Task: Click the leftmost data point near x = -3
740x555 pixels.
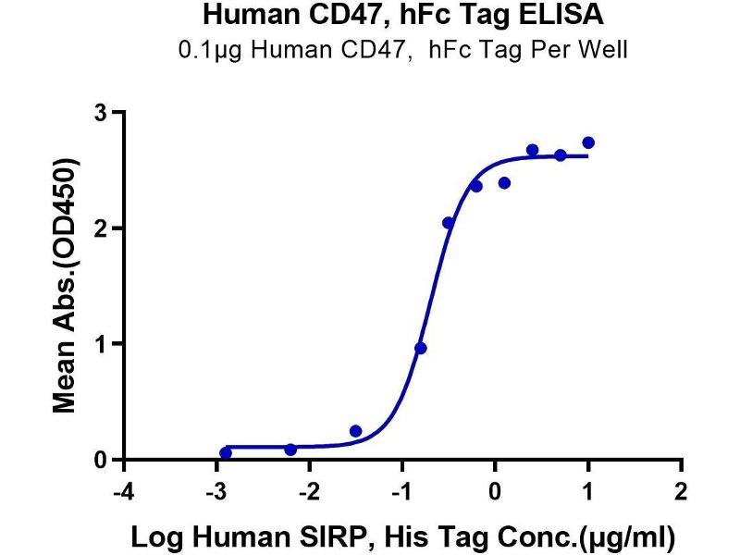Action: (x=226, y=452)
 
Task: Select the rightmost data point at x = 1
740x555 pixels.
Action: (x=588, y=142)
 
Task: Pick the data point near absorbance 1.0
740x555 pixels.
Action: (x=421, y=348)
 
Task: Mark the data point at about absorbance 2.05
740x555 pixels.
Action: (x=449, y=223)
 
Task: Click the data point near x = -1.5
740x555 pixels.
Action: (x=356, y=431)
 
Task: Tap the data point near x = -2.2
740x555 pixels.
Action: (x=290, y=450)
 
